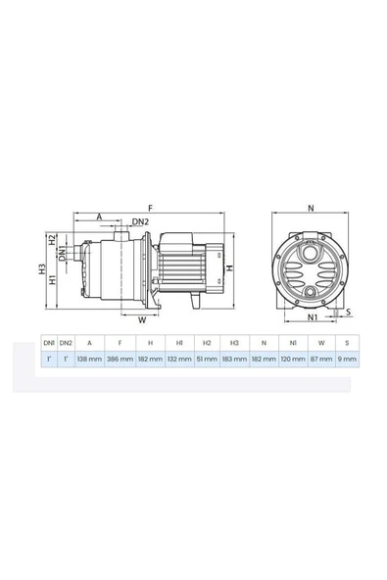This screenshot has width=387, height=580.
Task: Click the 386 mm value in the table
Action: point(120,360)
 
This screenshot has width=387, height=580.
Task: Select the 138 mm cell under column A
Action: point(90,360)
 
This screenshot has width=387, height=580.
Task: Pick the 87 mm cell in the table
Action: point(322,360)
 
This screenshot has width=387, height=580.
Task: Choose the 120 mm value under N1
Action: point(293,360)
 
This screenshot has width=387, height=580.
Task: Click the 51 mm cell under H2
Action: point(207,360)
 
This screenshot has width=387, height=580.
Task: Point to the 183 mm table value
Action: point(235,360)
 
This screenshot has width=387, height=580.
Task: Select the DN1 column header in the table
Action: point(48,342)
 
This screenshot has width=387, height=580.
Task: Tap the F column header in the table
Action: point(120,342)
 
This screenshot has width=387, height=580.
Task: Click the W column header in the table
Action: point(322,342)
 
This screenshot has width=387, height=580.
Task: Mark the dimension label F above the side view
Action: point(150,209)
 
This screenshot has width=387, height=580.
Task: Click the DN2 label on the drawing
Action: point(140,221)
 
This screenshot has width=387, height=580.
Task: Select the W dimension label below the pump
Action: point(141,318)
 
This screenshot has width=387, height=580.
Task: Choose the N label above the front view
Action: point(311,209)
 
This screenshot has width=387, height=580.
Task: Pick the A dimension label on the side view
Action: point(99,217)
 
